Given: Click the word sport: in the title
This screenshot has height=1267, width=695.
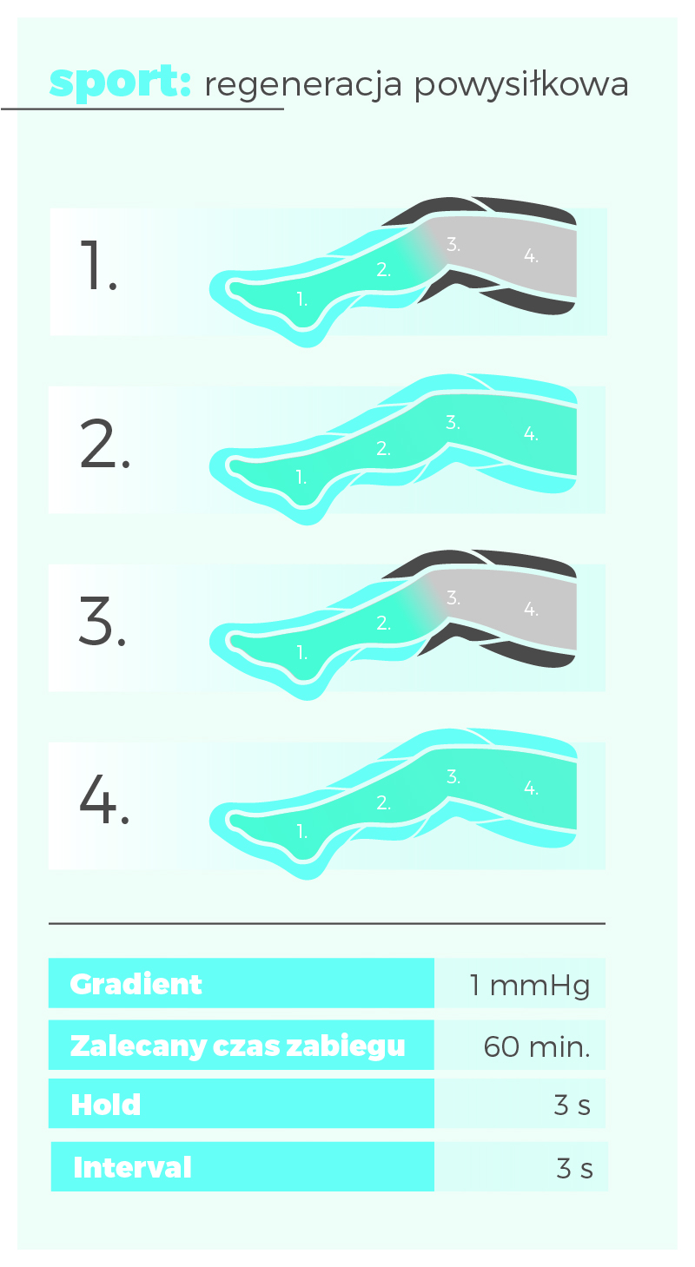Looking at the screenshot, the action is (120, 82).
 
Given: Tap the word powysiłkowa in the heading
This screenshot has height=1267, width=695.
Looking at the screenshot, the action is (521, 85).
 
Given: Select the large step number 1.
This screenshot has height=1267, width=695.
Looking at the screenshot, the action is (99, 265).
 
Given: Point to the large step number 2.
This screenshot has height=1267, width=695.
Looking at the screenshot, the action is (105, 444).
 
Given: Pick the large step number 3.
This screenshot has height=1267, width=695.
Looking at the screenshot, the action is (103, 621).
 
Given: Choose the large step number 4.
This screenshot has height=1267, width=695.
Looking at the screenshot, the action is (104, 799).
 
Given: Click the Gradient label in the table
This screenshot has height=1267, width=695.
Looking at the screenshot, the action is (136, 985).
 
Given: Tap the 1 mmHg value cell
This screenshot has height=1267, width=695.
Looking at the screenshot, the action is (530, 986).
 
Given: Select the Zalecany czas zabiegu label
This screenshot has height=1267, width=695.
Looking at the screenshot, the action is (238, 1046).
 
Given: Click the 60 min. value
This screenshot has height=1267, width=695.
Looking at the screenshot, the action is (537, 1047).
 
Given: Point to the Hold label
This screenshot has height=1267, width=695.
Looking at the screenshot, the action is (106, 1105).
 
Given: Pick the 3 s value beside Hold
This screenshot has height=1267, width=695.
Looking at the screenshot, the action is (573, 1105).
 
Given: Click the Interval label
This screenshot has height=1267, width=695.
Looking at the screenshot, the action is (132, 1168).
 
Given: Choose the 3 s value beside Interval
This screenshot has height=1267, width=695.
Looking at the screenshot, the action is (574, 1169).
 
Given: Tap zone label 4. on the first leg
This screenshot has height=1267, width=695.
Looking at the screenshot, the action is (531, 255).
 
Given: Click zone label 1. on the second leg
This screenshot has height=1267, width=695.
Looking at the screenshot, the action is (301, 478).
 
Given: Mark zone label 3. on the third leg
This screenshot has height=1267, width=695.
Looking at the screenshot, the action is (453, 597).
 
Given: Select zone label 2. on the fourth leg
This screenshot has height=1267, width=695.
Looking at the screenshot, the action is (383, 802).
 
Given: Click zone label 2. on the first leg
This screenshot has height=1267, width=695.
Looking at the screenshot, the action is (383, 269).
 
